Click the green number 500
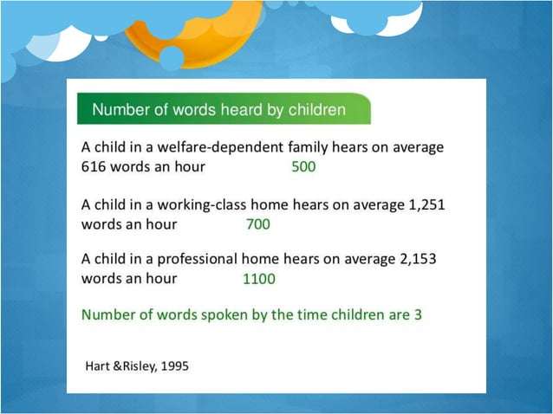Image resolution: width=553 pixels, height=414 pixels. pos(303,167)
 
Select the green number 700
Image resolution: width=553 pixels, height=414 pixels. pos(258,224)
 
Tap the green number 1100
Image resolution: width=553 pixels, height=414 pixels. pos(259,280)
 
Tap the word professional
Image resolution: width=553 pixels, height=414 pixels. pos(194,259)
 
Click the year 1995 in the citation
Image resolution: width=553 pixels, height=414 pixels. pos(173,365)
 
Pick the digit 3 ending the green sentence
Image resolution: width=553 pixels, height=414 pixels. pos(417,314)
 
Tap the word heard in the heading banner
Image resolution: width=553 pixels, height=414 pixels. pos(245,110)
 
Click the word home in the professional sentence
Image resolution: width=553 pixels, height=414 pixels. pos(261,259)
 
